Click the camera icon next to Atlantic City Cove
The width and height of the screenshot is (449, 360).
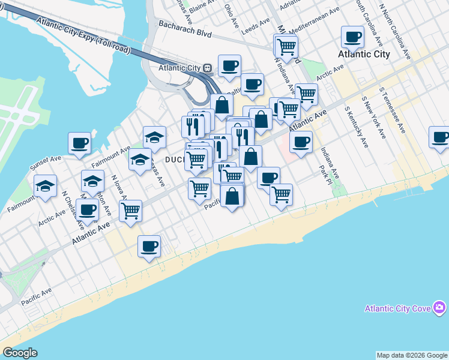tap(441, 308)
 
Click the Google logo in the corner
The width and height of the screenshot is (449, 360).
tap(20, 353)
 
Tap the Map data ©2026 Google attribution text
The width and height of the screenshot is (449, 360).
tap(412, 355)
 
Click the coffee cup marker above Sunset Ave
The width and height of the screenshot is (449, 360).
tap(80, 144)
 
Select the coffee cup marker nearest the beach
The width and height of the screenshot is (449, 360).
tap(149, 246)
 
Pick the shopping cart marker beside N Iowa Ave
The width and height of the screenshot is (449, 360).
tap(130, 211)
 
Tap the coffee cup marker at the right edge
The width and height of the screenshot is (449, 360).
tap(440, 137)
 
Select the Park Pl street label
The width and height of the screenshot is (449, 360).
tap(324, 176)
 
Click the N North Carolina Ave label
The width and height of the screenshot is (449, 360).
tap(395, 30)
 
